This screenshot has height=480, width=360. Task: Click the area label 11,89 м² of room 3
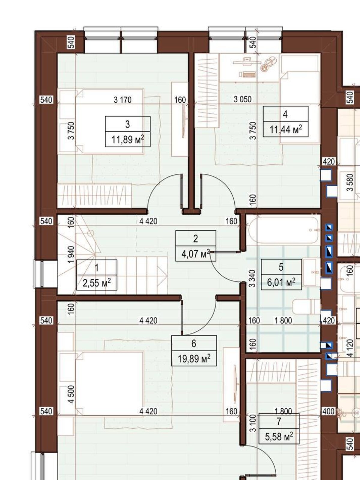coord(128,139)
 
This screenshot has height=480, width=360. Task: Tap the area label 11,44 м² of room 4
coord(286,130)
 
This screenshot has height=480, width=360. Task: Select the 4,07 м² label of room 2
coord(196,254)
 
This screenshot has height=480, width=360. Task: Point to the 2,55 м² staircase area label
coord(97,283)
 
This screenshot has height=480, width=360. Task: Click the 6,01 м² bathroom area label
coord(281,282)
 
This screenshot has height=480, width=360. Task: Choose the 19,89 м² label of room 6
coord(194,358)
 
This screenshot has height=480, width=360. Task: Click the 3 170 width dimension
coord(123,100)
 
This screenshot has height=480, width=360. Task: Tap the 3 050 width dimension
coord(242,100)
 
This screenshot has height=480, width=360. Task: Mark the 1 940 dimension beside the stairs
coord(71,254)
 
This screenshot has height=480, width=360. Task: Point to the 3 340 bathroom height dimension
coord(252,278)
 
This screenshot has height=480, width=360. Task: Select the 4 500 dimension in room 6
coord(71,394)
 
